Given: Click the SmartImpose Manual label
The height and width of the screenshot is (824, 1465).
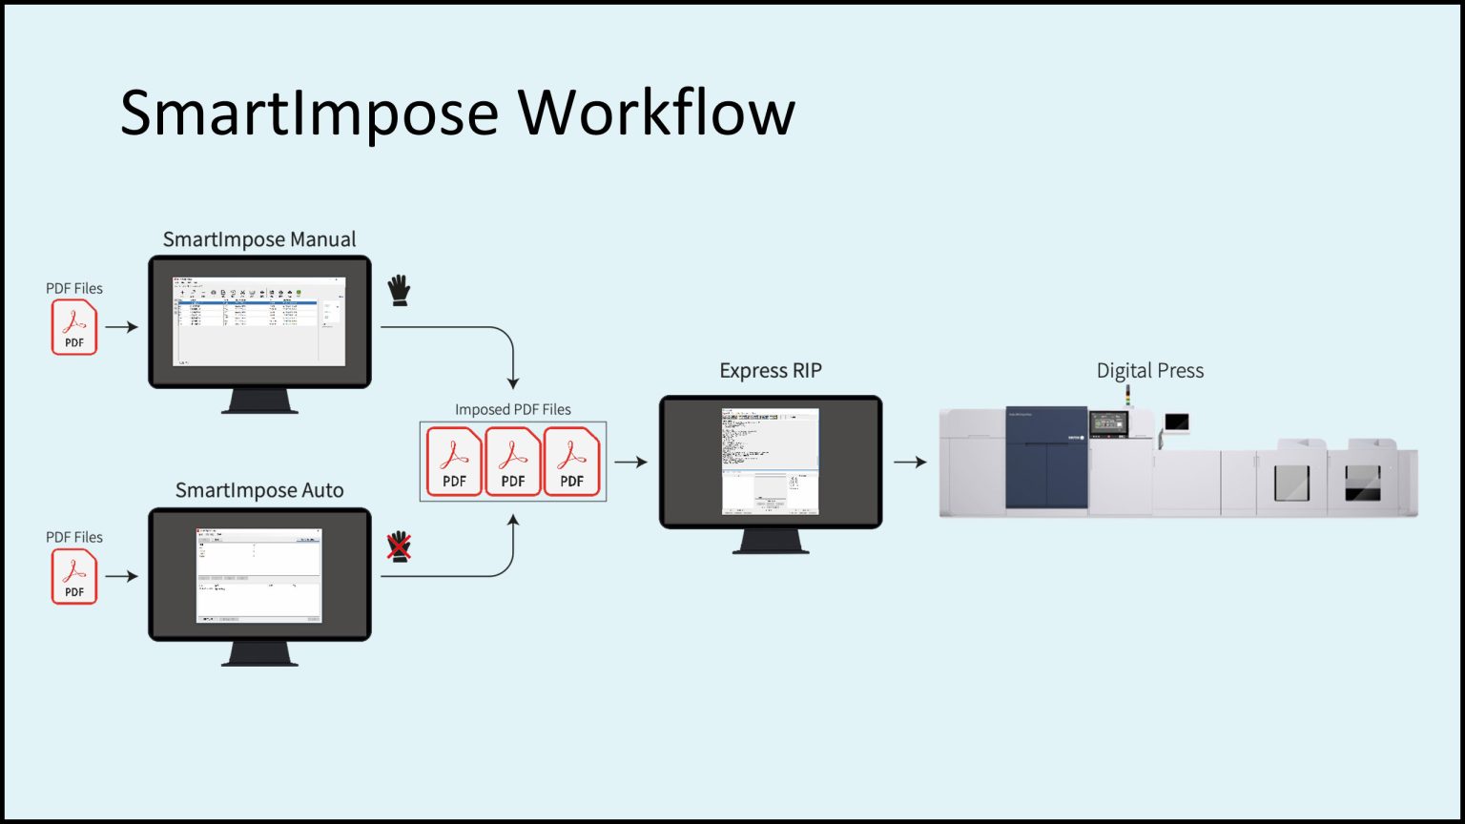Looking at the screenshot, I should coord(259,239).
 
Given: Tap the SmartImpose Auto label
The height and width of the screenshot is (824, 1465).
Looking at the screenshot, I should coord(259,490).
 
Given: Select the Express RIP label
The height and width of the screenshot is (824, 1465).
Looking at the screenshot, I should coord(770,370).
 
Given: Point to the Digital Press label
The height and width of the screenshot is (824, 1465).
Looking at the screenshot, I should coord(1149,370).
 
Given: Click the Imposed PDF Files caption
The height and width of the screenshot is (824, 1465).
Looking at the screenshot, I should coord(512,409).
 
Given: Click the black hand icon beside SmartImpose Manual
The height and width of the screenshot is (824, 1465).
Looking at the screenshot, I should coord(399,290).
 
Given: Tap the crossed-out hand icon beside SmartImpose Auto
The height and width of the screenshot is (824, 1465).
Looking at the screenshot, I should coord(398,546).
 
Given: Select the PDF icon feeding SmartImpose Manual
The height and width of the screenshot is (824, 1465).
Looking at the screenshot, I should coord(74,327).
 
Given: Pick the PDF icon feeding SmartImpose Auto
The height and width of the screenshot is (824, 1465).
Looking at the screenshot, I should coord(74,576).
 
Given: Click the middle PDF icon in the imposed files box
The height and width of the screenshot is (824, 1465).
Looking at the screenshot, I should coord(513,462).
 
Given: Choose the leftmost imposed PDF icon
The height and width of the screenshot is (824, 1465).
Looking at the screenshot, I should coord(454,462).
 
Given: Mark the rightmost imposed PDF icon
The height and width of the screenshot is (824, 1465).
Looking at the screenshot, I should coord(571,462).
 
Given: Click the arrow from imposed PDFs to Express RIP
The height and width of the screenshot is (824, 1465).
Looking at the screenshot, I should coord(630,463).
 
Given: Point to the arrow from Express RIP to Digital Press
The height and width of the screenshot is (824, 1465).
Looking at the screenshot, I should coord(910,463).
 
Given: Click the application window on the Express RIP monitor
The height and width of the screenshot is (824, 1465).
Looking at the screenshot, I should coord(770,462).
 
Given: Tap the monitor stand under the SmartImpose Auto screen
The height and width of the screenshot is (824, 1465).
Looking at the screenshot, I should coord(259,653).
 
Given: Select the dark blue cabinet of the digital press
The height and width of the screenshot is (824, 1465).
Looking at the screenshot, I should coord(1046,458).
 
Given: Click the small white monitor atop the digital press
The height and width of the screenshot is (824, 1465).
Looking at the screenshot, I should coord(1177,422).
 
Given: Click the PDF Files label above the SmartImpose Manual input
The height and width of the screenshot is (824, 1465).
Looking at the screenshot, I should coord(74,288).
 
